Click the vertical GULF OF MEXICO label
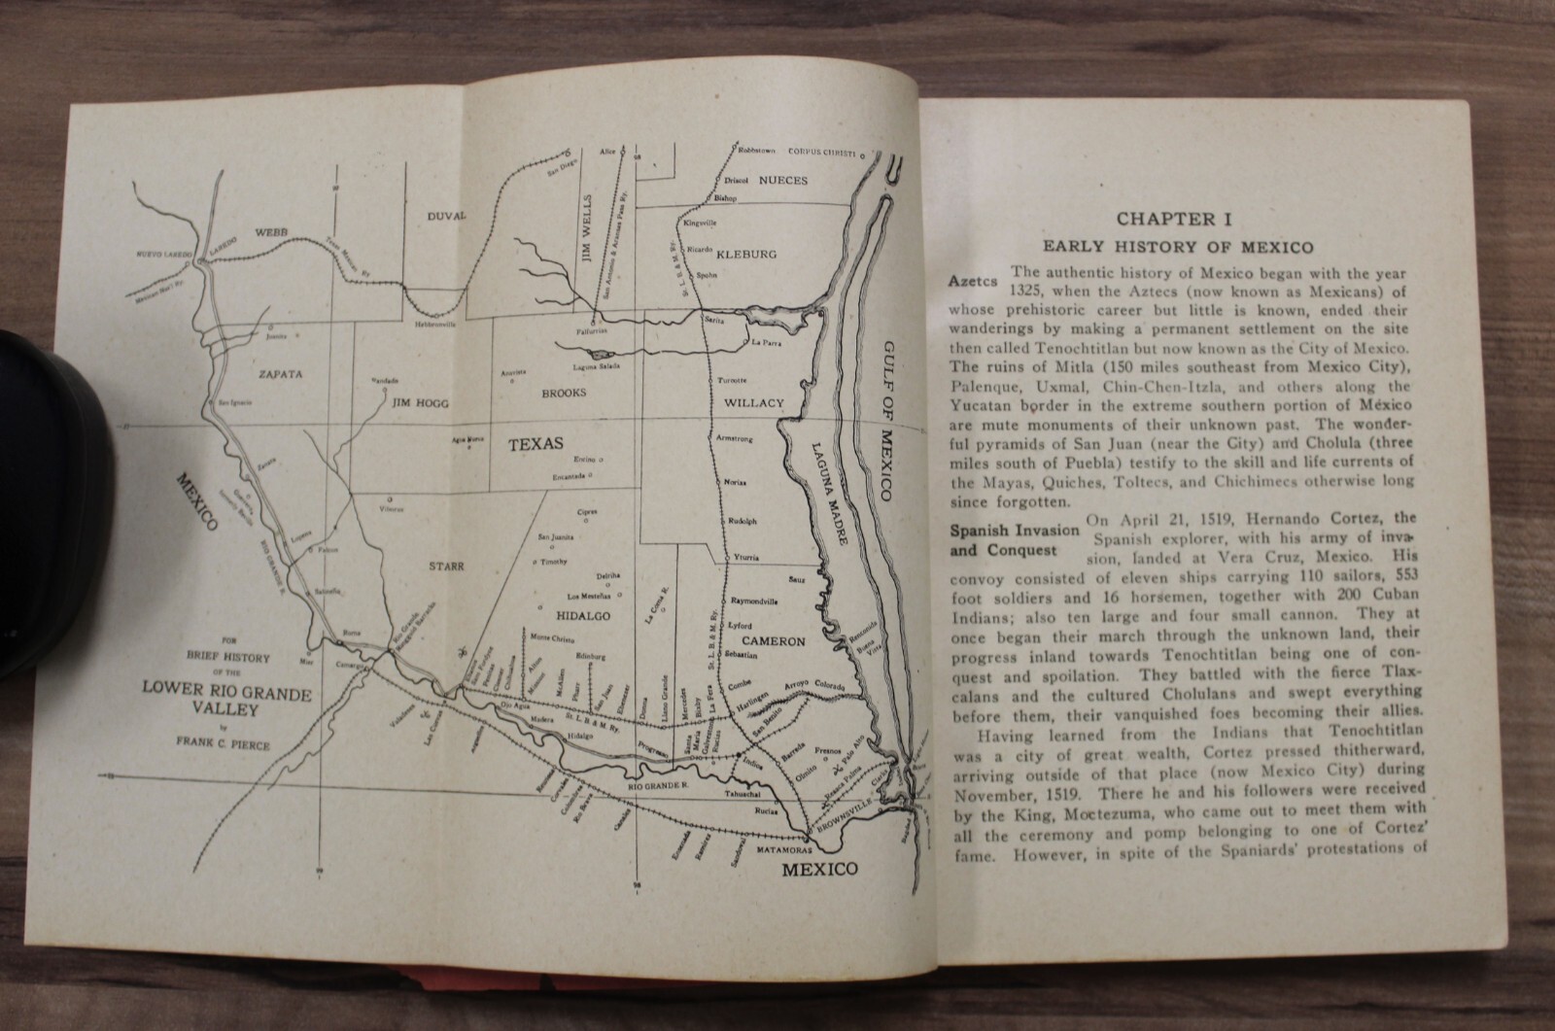pyautogui.click(x=887, y=422)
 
